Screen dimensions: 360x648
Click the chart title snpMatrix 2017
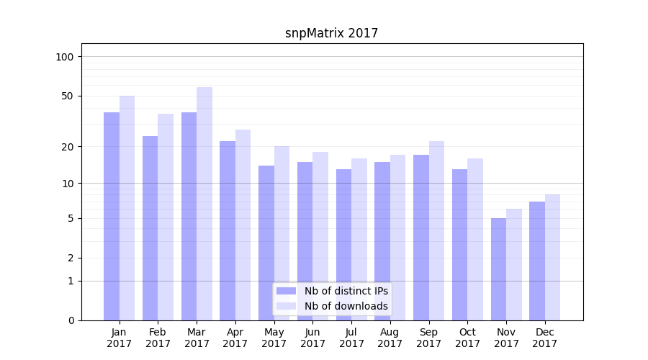pyautogui.click(x=331, y=33)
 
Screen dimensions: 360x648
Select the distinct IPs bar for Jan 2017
pyautogui.click(x=112, y=216)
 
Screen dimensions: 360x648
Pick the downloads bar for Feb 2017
pyautogui.click(x=166, y=217)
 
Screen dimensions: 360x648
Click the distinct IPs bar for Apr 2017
pyautogui.click(x=228, y=230)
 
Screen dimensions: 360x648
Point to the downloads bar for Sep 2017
pyautogui.click(x=436, y=230)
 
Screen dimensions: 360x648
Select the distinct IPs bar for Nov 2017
pyautogui.click(x=499, y=269)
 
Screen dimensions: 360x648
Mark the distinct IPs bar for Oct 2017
pyautogui.click(x=460, y=245)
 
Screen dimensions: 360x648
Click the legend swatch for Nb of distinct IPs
pyautogui.click(x=286, y=291)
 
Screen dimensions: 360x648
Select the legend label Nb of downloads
pyautogui.click(x=346, y=306)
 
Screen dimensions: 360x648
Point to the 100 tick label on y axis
pyautogui.click(x=65, y=57)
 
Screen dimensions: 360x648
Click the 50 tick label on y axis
pyautogui.click(x=68, y=96)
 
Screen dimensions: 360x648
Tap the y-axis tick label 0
pyautogui.click(x=71, y=320)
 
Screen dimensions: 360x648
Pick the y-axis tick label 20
pyautogui.click(x=68, y=147)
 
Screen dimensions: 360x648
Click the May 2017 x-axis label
pyautogui.click(x=274, y=338)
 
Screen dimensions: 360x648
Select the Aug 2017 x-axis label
pyautogui.click(x=390, y=338)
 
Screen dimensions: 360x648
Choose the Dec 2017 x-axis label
pyautogui.click(x=545, y=338)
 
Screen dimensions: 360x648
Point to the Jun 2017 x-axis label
pyautogui.click(x=312, y=338)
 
